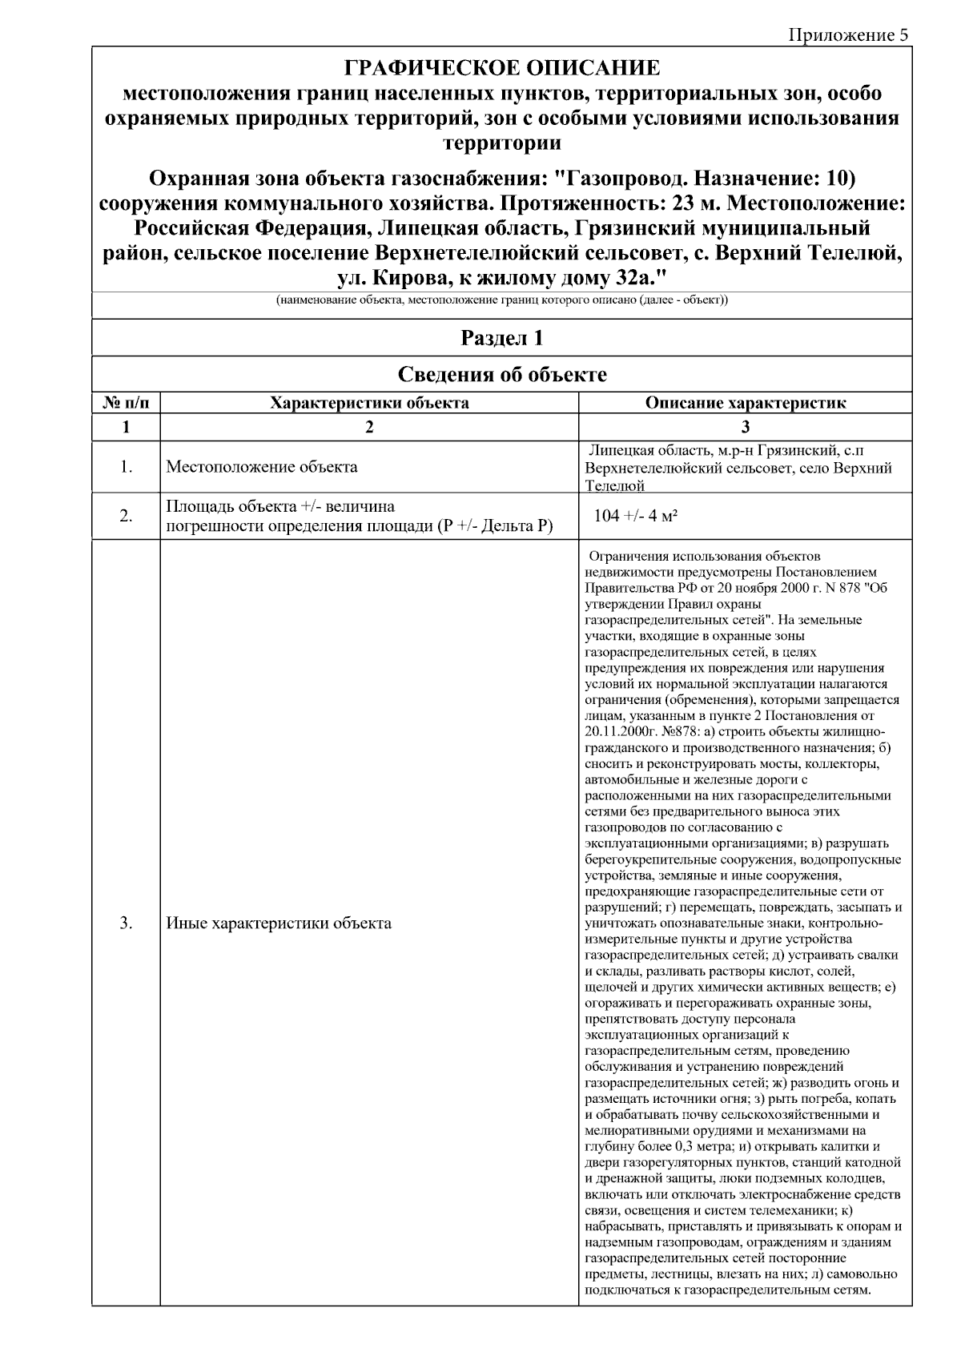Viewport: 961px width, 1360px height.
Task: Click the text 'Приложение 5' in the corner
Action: pyautogui.click(x=848, y=34)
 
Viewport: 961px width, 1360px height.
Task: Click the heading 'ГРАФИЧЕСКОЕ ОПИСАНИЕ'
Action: pyautogui.click(x=502, y=67)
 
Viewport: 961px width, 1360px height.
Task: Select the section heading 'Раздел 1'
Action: pyautogui.click(x=502, y=338)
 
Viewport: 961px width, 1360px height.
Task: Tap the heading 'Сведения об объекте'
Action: pyautogui.click(x=502, y=374)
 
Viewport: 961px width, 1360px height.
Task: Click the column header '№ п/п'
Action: pyautogui.click(x=126, y=403)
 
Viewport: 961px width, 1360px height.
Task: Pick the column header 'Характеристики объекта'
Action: pyautogui.click(x=369, y=403)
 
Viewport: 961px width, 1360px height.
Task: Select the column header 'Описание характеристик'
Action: pyautogui.click(x=746, y=403)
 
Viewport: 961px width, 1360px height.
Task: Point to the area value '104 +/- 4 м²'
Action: pyautogui.click(x=636, y=516)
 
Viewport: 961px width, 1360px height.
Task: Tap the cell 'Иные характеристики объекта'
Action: pyautogui.click(x=279, y=923)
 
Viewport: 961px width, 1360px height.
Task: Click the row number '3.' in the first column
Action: pyautogui.click(x=126, y=923)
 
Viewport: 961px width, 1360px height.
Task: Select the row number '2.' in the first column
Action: pyautogui.click(x=126, y=516)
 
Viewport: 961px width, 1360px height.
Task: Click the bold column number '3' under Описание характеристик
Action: pyautogui.click(x=746, y=427)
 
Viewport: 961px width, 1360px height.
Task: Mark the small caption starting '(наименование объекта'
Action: pyautogui.click(x=502, y=300)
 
